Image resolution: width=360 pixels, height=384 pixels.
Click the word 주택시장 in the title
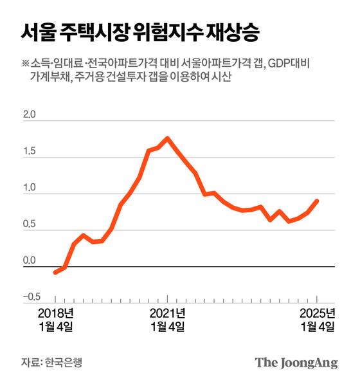click(93, 30)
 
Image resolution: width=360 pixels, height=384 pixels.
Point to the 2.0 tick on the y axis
click(30, 116)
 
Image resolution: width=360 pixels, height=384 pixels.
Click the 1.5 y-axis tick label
click(30, 152)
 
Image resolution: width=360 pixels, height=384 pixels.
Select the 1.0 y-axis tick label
click(30, 188)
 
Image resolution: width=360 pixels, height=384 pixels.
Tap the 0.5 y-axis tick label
click(30, 224)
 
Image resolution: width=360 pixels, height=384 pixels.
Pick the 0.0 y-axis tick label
click(30, 261)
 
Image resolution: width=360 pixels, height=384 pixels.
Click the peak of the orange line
click(168, 138)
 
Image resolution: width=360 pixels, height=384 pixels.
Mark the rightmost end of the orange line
click(318, 201)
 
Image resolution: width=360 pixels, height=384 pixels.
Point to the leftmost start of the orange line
click(55, 273)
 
